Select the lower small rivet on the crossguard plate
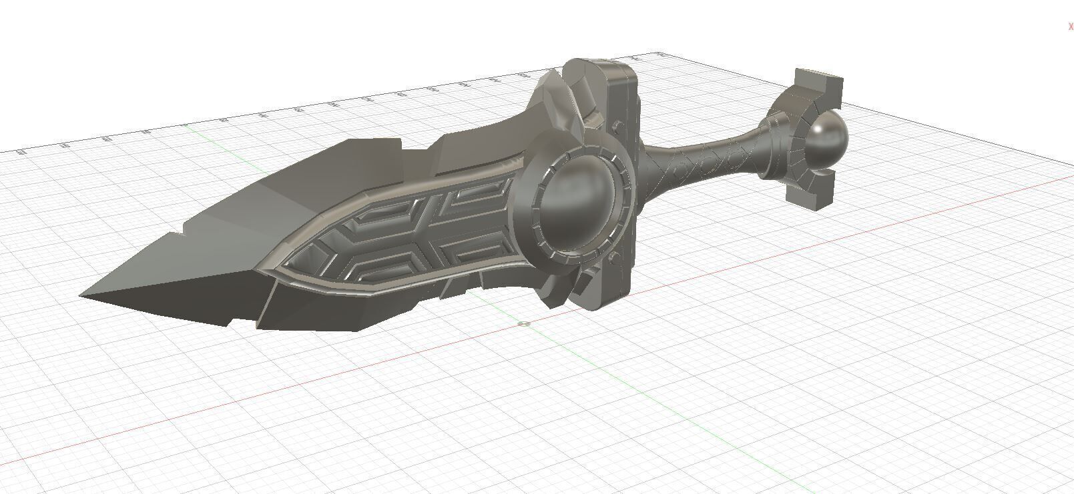[612, 259]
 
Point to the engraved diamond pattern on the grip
[701, 163]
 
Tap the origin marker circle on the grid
[525, 324]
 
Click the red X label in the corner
[1071, 27]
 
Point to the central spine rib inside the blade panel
[427, 227]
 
